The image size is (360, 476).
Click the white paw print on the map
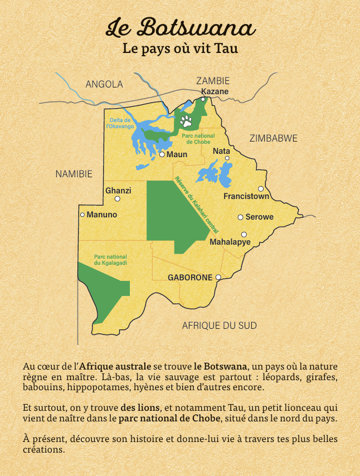[x=186, y=121]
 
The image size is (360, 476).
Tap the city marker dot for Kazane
[x=203, y=99]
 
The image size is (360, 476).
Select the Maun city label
[x=177, y=154]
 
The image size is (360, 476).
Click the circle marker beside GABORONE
[x=218, y=277]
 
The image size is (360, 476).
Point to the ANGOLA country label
[x=104, y=84]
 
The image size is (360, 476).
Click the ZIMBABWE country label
[x=273, y=138]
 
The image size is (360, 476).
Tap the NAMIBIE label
[x=74, y=174]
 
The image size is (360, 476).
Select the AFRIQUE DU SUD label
[x=220, y=326]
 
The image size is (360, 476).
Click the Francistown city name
[x=246, y=196]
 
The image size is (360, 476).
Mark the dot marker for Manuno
[x=82, y=215]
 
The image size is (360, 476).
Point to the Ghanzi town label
[x=118, y=191]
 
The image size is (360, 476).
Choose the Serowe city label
[x=260, y=217]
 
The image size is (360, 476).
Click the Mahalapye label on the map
[x=230, y=242]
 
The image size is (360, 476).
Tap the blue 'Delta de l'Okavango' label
[x=119, y=123]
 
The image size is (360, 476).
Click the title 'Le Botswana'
[x=180, y=27]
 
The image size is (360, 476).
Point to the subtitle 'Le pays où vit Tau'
[x=180, y=49]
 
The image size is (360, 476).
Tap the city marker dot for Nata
[x=227, y=158]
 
